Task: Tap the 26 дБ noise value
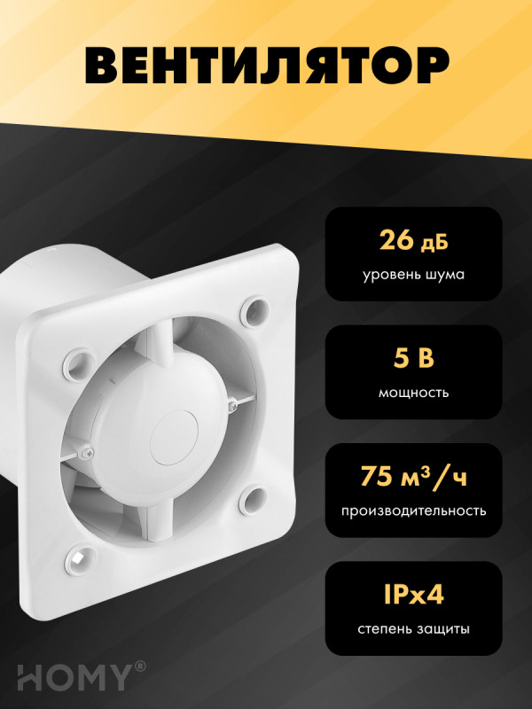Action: (x=413, y=239)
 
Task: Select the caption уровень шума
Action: (x=413, y=274)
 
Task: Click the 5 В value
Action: (x=413, y=358)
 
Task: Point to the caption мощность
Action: (x=413, y=392)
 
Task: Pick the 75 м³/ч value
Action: (x=413, y=476)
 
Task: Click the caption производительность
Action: (x=413, y=510)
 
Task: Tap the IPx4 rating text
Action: (x=413, y=594)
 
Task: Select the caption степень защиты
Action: (x=413, y=629)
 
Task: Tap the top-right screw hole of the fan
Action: (x=258, y=309)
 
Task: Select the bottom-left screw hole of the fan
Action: (x=79, y=560)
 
